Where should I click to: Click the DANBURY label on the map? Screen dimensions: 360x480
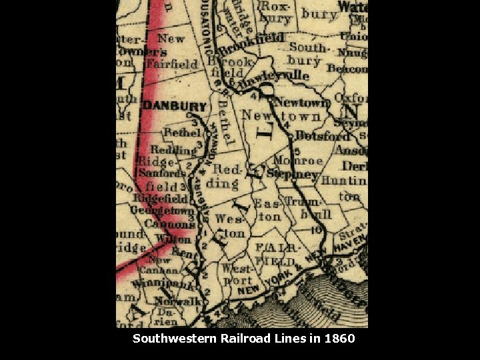(175, 107)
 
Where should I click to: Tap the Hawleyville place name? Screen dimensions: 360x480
(275, 77)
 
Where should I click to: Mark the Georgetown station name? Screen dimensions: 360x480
(162, 211)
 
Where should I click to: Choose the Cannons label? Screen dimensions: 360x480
(169, 225)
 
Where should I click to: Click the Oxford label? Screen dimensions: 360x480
(350, 98)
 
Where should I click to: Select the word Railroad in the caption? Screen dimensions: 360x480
(245, 339)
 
